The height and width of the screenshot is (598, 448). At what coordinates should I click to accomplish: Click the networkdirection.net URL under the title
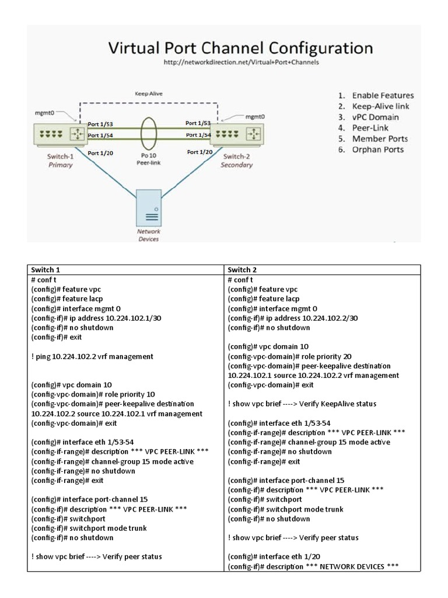pyautogui.click(x=241, y=61)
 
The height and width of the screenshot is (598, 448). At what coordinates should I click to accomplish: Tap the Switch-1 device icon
pyautogui.click(x=58, y=134)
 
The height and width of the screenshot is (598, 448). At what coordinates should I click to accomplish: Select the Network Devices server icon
pyautogui.click(x=149, y=207)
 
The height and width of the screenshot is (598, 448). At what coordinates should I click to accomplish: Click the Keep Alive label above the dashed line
pyautogui.click(x=149, y=93)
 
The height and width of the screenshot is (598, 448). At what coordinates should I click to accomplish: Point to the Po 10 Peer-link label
pyautogui.click(x=149, y=159)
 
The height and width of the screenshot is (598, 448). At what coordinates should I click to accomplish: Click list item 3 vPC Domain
pyautogui.click(x=376, y=117)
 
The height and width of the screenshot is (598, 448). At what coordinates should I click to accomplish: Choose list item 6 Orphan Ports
pyautogui.click(x=377, y=149)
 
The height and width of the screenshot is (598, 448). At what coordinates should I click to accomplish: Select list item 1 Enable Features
pyautogui.click(x=383, y=95)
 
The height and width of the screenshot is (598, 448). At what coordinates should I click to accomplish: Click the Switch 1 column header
pyautogui.click(x=45, y=270)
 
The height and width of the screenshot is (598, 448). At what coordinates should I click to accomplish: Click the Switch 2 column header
pyautogui.click(x=243, y=270)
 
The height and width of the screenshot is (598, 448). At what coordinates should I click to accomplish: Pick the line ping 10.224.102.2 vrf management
pyautogui.click(x=92, y=356)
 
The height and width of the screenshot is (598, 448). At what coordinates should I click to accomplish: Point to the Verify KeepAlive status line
pyautogui.click(x=302, y=404)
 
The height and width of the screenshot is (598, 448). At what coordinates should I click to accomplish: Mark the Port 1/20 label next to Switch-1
pyautogui.click(x=100, y=152)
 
